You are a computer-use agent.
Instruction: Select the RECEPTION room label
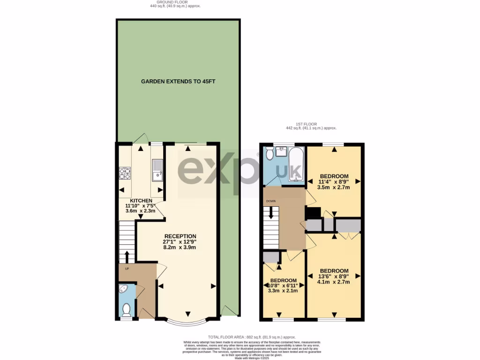[180, 236]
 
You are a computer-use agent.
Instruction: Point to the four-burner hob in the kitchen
[125, 173]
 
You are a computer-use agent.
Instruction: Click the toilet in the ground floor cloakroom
[126, 309]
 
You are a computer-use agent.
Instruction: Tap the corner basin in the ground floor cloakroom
[123, 289]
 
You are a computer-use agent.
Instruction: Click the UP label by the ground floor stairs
[127, 269]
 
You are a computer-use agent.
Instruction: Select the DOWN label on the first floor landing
[271, 202]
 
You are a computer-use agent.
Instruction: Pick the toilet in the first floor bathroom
[270, 154]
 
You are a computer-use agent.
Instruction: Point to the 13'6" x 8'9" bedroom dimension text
[334, 277]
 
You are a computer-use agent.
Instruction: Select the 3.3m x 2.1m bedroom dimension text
[283, 291]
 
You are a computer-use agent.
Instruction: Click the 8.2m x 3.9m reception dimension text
[180, 247]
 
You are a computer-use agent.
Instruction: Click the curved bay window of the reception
[187, 323]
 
